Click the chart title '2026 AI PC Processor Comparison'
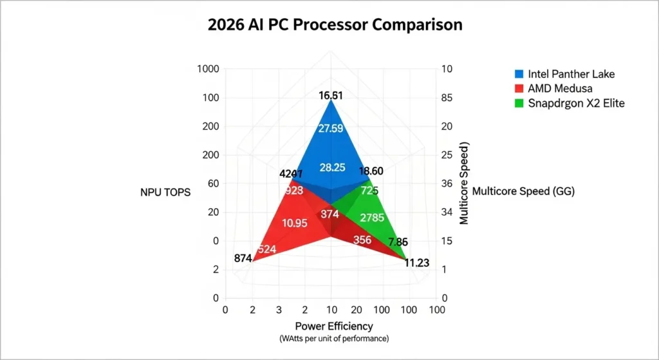pos(335,25)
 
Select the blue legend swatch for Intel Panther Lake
pos(518,73)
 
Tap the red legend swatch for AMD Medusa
pos(518,88)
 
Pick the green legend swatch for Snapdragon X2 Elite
pos(518,103)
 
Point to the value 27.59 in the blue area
pos(330,128)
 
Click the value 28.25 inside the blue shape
pos(333,167)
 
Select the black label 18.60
pos(372,171)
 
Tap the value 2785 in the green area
pos(373,218)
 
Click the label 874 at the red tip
pos(243,258)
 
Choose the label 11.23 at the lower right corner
pos(417,263)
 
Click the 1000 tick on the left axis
pos(209,70)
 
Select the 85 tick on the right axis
pos(447,98)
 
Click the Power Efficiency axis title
pos(333,326)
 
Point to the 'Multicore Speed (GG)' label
pos(523,191)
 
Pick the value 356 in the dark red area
pos(362,240)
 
